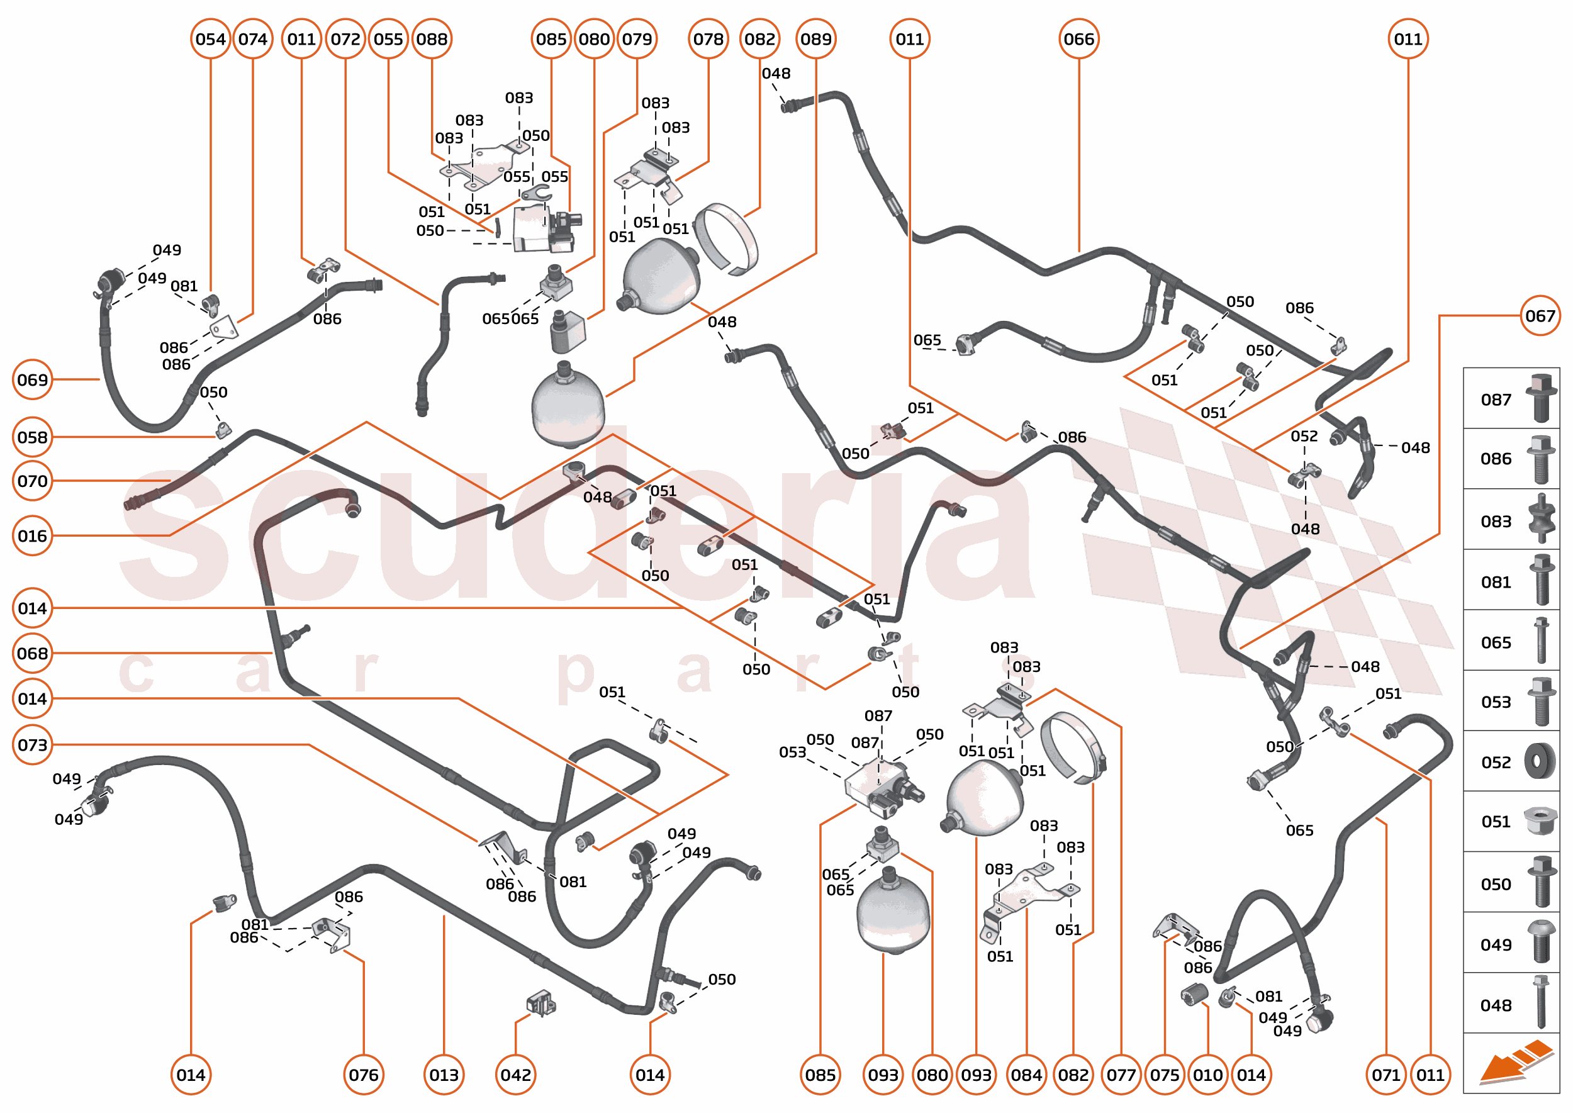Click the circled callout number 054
[x=210, y=39]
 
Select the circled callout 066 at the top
[x=1078, y=39]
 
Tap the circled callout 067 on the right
[x=1540, y=316]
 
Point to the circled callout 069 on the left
[x=32, y=379]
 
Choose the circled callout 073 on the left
[x=32, y=745]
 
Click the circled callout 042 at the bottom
[x=515, y=1075]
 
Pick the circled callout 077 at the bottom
[x=1121, y=1075]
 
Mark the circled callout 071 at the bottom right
[x=1386, y=1075]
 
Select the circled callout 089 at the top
[x=815, y=39]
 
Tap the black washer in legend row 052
[x=1540, y=761]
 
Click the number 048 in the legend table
[x=1496, y=1005]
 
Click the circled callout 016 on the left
[x=32, y=536]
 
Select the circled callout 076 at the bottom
[x=363, y=1075]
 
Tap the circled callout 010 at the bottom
[x=1207, y=1075]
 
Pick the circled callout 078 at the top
[x=708, y=39]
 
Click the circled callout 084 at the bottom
[x=1026, y=1075]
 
